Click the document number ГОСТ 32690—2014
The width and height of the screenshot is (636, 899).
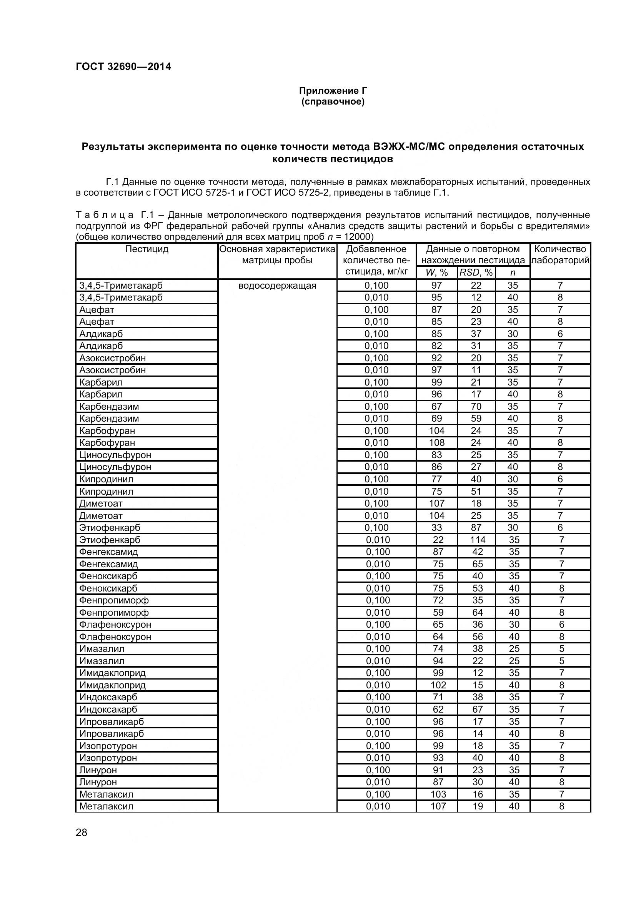(x=123, y=66)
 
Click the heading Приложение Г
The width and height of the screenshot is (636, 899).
(x=333, y=91)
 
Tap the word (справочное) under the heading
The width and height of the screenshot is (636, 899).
(x=333, y=102)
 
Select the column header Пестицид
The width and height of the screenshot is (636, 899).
(x=147, y=249)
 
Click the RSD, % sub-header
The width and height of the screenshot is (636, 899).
(x=476, y=273)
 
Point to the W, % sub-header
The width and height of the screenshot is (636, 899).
(x=436, y=273)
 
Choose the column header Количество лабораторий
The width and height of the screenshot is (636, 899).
(x=560, y=254)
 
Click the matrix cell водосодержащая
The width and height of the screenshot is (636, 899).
(x=277, y=286)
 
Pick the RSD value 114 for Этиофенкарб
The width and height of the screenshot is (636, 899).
(x=478, y=540)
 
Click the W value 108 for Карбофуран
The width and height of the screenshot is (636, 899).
(x=436, y=442)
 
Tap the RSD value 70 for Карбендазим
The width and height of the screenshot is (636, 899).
(x=476, y=406)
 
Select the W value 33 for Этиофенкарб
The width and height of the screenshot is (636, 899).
(x=436, y=527)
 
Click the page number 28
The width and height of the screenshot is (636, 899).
(x=82, y=833)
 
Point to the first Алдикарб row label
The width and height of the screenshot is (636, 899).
(x=101, y=334)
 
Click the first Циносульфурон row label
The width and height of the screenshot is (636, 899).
(x=115, y=455)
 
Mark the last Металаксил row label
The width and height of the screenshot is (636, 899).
(x=106, y=806)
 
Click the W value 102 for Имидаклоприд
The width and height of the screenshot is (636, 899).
(x=438, y=685)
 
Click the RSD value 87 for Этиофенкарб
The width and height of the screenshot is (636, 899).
(x=476, y=527)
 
